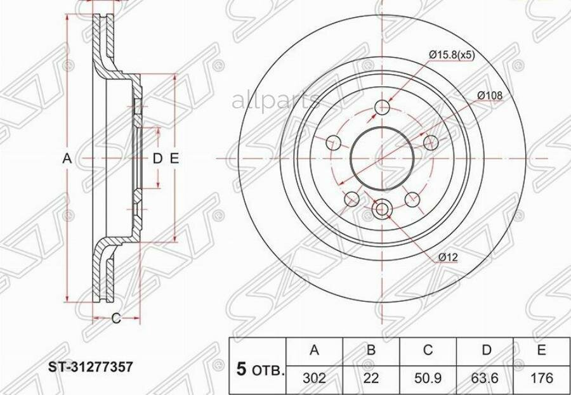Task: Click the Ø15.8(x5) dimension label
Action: (x=452, y=55)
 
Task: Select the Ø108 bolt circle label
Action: (x=490, y=95)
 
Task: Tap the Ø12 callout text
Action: (x=447, y=257)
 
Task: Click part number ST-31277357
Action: (x=91, y=367)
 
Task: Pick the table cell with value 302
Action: (x=315, y=379)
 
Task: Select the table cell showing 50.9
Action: (x=428, y=379)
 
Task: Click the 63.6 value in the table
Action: (x=485, y=379)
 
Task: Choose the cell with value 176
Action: (x=542, y=379)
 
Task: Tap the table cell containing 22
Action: (x=371, y=379)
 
